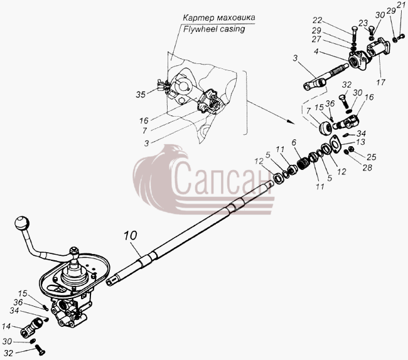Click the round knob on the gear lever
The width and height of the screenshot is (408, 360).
coord(22,223)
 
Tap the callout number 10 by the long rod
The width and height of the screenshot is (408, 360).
coord(130,235)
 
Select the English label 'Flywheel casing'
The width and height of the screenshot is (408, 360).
coord(214,29)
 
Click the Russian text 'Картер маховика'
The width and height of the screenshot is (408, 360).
coord(219,18)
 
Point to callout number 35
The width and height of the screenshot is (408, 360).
coord(141,95)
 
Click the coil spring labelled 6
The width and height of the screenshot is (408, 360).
coord(303,163)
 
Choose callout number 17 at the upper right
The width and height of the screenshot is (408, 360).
coord(380,83)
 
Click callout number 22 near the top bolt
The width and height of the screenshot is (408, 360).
coord(317,20)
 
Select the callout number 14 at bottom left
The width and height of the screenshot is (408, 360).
coord(6,326)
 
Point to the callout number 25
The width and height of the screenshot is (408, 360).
coord(372,157)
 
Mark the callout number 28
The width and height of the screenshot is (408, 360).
coord(367,167)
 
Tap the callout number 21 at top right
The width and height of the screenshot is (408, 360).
coord(400,4)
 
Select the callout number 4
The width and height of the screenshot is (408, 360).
coord(316,51)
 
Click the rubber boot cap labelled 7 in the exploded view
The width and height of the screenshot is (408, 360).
coord(325,128)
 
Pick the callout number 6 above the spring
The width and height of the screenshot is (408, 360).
coord(294,142)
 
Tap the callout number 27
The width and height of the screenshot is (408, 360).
coord(316,40)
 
